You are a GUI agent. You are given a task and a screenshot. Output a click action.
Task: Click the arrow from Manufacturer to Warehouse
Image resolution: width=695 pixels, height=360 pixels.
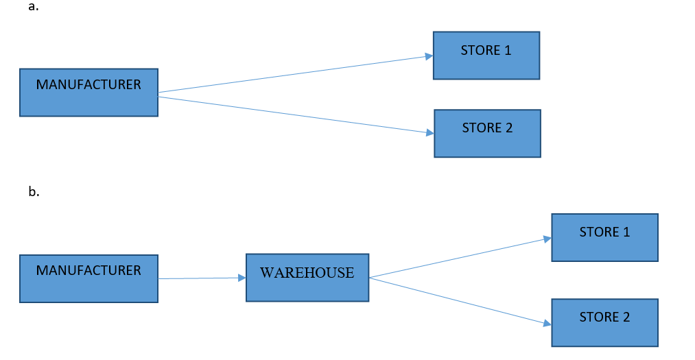point(199,278)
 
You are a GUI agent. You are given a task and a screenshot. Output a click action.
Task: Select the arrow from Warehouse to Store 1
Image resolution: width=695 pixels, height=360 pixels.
point(460,258)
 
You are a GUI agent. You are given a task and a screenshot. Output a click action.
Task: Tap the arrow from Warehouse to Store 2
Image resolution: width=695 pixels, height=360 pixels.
point(460,300)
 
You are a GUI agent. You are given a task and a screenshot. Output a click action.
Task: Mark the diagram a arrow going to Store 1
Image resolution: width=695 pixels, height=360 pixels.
point(295,74)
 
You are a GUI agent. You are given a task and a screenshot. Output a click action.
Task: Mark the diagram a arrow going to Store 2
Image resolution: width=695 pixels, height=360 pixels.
point(295,115)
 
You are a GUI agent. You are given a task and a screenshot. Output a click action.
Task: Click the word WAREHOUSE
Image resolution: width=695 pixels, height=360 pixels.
point(307,273)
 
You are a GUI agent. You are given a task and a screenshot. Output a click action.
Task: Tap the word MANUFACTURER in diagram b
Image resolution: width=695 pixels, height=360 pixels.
point(89,270)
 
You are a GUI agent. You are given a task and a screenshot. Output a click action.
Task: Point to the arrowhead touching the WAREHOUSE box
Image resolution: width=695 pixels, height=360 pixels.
point(242,278)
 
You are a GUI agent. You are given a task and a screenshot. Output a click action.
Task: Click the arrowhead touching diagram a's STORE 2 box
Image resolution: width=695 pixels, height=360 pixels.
point(429,132)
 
